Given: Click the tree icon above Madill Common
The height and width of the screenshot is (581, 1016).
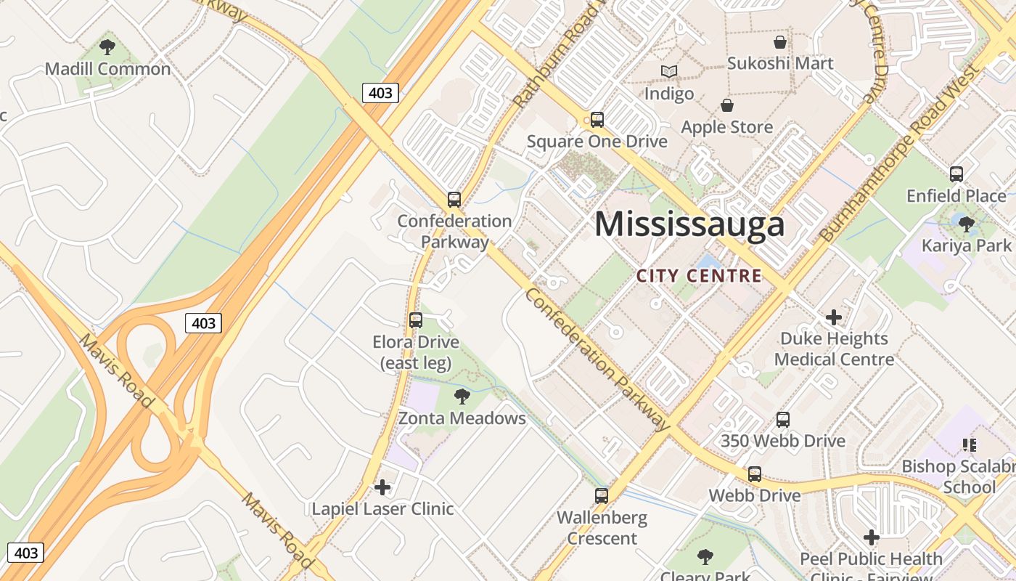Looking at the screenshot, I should pyautogui.click(x=107, y=48).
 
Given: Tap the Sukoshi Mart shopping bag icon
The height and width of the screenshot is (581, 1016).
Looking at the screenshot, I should pyautogui.click(x=780, y=42).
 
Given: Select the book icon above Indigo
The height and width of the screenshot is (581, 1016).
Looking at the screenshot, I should pyautogui.click(x=669, y=71).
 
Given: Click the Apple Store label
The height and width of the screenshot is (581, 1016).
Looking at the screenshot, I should pyautogui.click(x=727, y=127).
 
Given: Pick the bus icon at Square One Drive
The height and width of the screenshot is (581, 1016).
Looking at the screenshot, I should pyautogui.click(x=597, y=119).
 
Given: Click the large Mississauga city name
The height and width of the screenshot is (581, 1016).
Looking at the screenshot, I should pyautogui.click(x=689, y=224).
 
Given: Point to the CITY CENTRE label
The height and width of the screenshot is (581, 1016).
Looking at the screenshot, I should pyautogui.click(x=700, y=276).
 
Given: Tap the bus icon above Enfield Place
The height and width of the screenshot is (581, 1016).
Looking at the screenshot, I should pyautogui.click(x=956, y=174).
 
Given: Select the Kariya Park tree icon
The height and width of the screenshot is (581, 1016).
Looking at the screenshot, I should pyautogui.click(x=966, y=224).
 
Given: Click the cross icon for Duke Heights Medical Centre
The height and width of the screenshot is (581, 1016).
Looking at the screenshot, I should pyautogui.click(x=834, y=317).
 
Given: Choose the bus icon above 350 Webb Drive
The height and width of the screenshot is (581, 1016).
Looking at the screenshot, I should pyautogui.click(x=782, y=419).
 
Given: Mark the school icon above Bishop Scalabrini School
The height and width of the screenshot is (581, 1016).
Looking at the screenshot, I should pyautogui.click(x=969, y=444).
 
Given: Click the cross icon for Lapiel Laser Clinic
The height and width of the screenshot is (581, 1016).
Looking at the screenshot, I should pyautogui.click(x=382, y=487).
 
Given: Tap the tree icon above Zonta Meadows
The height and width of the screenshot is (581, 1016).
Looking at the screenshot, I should pyautogui.click(x=462, y=396).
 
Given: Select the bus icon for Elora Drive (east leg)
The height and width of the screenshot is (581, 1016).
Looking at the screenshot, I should pyautogui.click(x=416, y=320).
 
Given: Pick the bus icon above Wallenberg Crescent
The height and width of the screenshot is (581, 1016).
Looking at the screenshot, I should pyautogui.click(x=602, y=496).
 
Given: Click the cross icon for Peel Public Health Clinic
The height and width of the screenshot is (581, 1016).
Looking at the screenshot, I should pyautogui.click(x=871, y=537).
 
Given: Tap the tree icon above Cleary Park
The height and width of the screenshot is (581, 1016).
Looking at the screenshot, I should pyautogui.click(x=705, y=557).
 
